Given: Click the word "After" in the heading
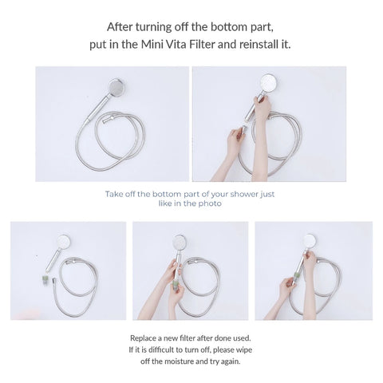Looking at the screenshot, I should (122, 26).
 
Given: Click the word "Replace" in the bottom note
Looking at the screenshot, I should (144, 338).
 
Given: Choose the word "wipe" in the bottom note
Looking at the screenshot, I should (250, 349).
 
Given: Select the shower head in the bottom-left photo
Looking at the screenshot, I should (64, 241).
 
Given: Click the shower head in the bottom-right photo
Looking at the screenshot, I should (310, 240).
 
